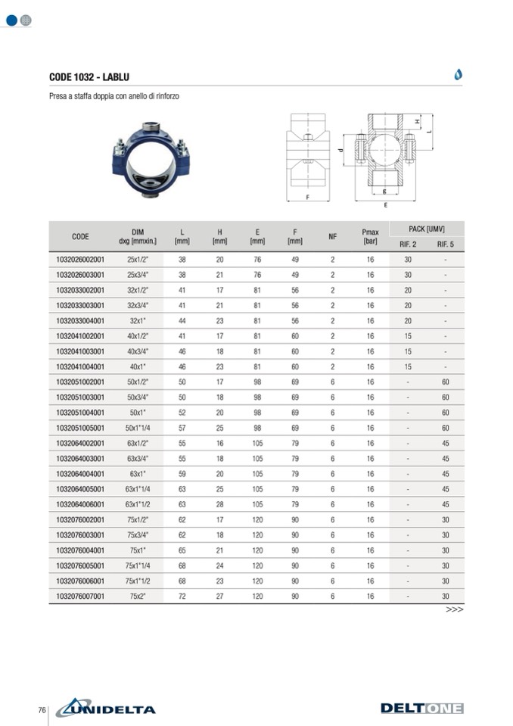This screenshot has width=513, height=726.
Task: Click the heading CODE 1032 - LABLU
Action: [x=89, y=77]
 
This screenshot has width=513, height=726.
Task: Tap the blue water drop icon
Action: [x=458, y=74]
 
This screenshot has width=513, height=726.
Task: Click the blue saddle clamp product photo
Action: [x=151, y=160]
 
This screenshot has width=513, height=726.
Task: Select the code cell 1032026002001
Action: [x=80, y=260]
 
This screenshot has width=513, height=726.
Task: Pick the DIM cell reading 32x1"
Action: [x=138, y=321]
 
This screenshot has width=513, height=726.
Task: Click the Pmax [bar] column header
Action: [x=370, y=237]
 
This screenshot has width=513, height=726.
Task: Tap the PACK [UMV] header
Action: [x=427, y=229]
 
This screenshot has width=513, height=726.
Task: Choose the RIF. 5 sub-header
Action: [x=446, y=244]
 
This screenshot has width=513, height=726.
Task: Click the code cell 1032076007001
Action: [x=80, y=597]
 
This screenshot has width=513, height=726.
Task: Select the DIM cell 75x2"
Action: [x=138, y=597]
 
